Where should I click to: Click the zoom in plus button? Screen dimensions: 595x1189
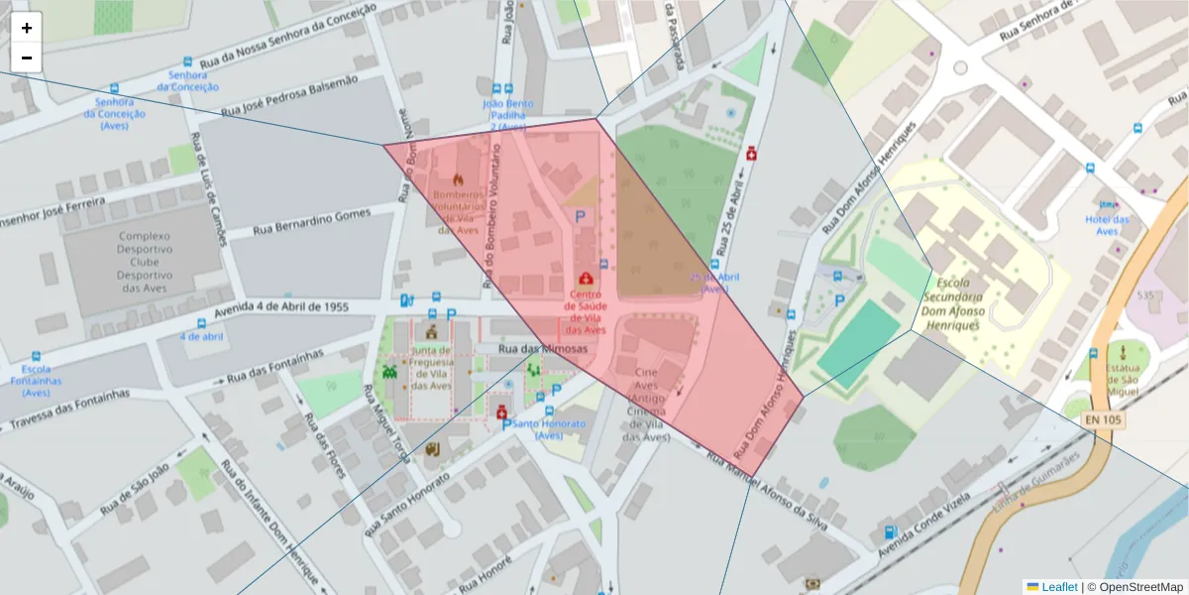[x=27, y=28]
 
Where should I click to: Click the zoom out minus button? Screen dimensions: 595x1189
[x=27, y=58]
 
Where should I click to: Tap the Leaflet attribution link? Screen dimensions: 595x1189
[x=1059, y=586]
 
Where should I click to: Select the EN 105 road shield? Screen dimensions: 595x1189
[x=1104, y=420]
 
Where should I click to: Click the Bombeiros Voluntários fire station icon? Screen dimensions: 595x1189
[x=458, y=179]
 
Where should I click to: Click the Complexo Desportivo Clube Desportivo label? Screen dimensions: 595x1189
[x=146, y=262]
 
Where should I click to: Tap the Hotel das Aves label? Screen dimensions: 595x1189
[x=1107, y=225]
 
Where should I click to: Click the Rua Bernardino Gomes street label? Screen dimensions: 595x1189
[x=311, y=221]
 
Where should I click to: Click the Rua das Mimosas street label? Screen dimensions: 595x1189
[x=542, y=349]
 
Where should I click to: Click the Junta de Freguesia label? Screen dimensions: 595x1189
[x=431, y=366]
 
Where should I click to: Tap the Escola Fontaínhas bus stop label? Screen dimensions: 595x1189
[x=35, y=374]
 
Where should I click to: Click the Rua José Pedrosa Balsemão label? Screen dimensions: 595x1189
[x=289, y=96]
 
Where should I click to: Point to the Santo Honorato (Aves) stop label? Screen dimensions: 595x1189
[x=549, y=429]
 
